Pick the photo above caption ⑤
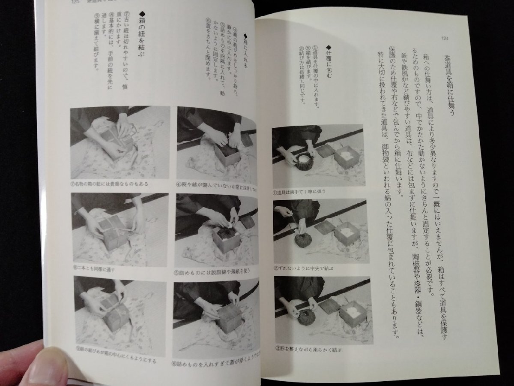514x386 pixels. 216,229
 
